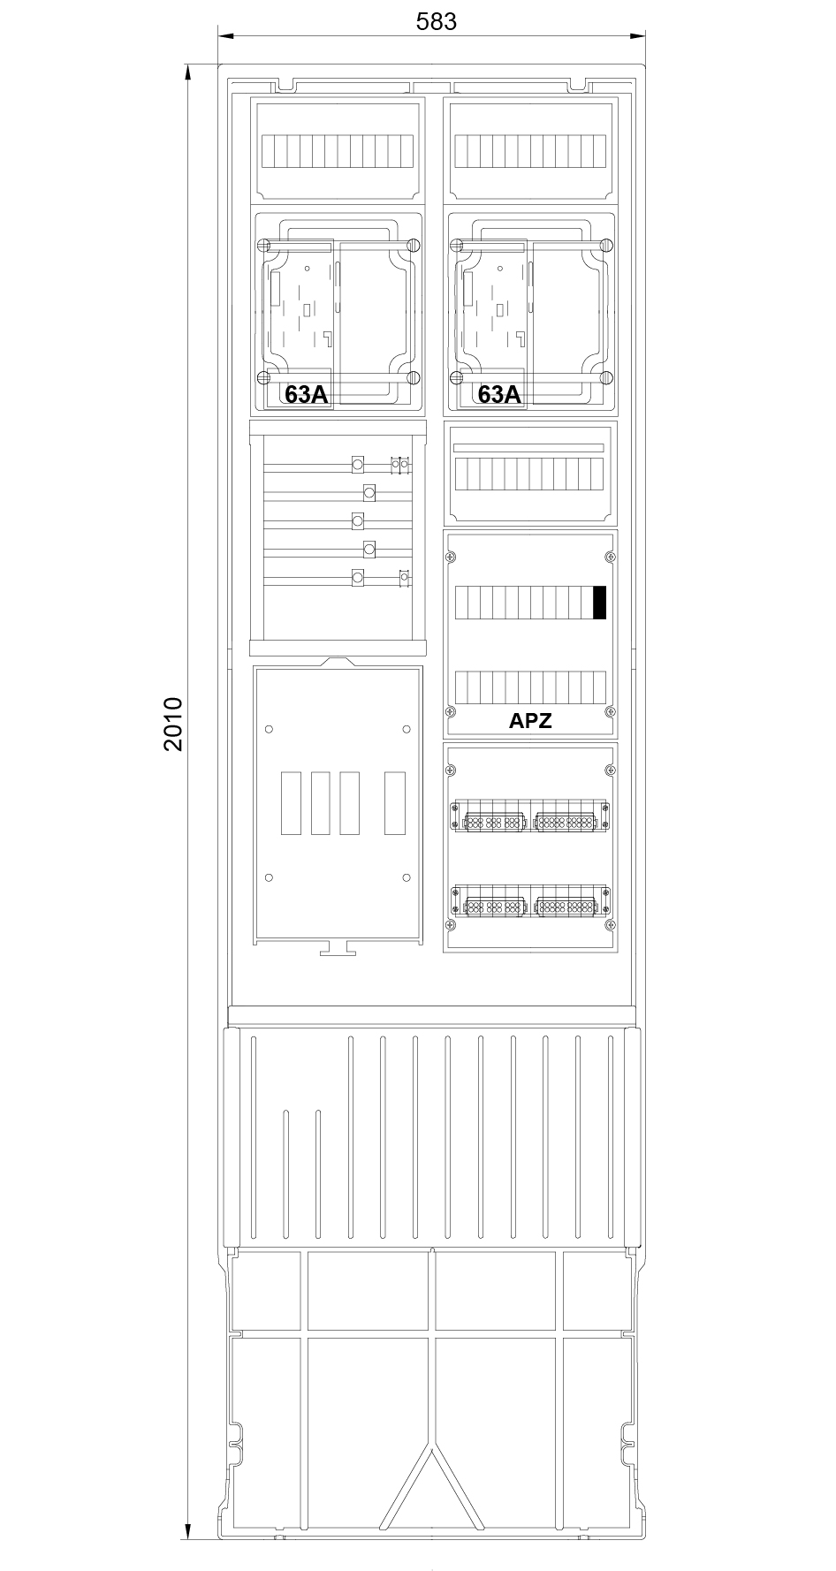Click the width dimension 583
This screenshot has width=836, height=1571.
tap(437, 22)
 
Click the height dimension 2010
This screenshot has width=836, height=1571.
tap(173, 724)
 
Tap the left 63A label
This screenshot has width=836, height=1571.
tap(306, 394)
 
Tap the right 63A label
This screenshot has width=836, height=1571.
tap(499, 394)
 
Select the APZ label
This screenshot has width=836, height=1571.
tap(530, 720)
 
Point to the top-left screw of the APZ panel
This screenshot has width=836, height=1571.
tap(452, 557)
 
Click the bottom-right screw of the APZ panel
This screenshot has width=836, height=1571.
tap(609, 711)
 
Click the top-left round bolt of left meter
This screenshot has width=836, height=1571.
tap(262, 245)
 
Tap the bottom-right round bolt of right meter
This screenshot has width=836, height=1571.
tap(606, 377)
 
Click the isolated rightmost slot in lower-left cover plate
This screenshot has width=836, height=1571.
tap(395, 803)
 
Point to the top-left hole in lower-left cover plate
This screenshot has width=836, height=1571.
tap(270, 729)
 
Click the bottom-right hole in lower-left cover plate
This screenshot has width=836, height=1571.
tap(407, 877)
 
